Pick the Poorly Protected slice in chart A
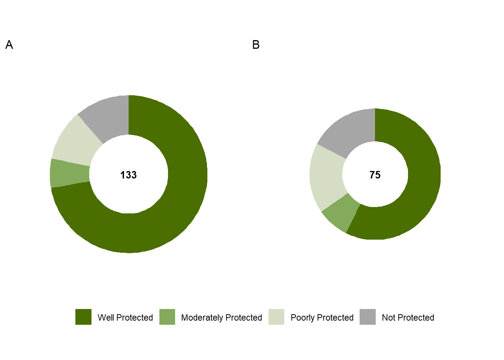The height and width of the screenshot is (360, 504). pos(75,142)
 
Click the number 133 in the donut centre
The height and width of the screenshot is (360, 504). pos(128,175)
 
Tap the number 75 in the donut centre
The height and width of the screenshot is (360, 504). pos(375,175)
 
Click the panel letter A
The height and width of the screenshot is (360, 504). pos(9,45)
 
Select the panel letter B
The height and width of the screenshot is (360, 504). pos(256,45)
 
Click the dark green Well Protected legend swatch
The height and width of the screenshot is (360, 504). pos(83,317)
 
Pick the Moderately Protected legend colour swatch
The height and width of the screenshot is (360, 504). pos(167,317)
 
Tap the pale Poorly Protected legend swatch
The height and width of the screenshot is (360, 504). pos(276,317)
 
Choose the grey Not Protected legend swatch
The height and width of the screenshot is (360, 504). pos(367,317)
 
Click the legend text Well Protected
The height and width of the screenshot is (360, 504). pos(125,318)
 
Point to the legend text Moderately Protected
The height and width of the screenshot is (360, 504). pos(221,318)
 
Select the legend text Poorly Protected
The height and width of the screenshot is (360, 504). pos(322,318)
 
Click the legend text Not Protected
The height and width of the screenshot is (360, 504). pos(408,318)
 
